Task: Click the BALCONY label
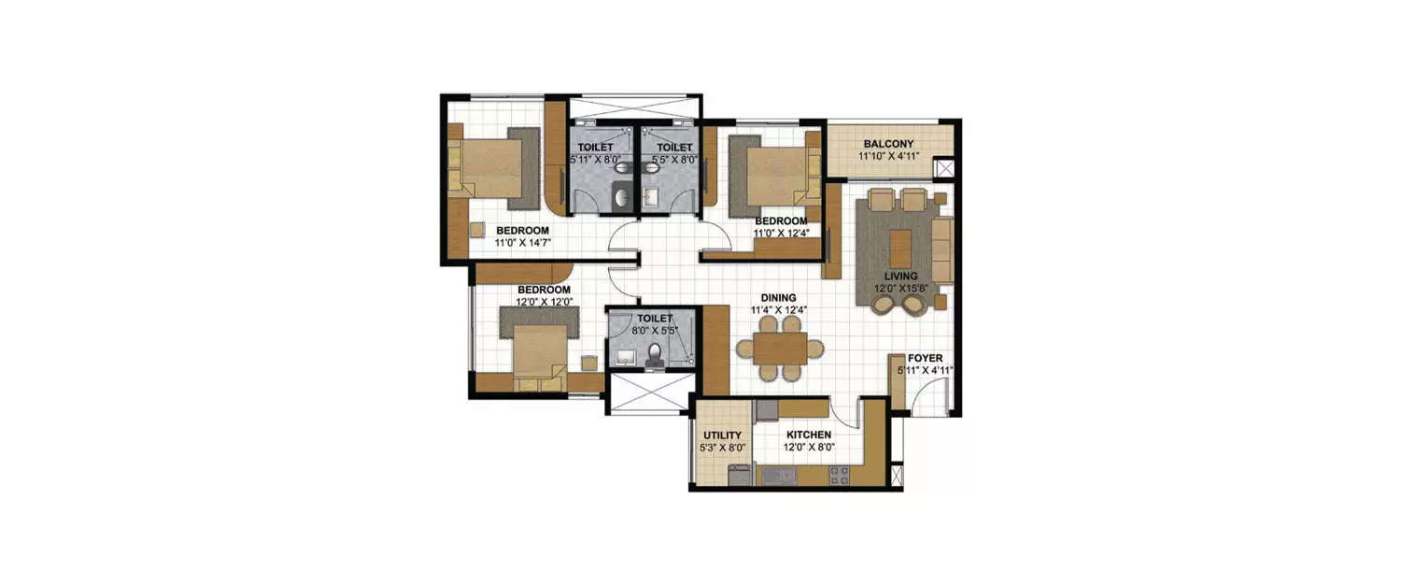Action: [x=888, y=144]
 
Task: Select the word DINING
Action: [x=779, y=297]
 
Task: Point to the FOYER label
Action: [x=926, y=358]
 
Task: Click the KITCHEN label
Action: [x=809, y=435]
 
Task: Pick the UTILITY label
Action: [x=722, y=435]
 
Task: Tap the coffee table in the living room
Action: [x=900, y=248]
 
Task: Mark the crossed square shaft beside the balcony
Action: [x=945, y=170]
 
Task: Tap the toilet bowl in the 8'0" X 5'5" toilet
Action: [x=657, y=354]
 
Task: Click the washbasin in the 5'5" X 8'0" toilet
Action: [x=650, y=197]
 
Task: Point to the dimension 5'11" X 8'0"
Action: [x=595, y=160]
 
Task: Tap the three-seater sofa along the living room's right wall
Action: [x=941, y=249]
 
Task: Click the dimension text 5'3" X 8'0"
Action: [x=722, y=448]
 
